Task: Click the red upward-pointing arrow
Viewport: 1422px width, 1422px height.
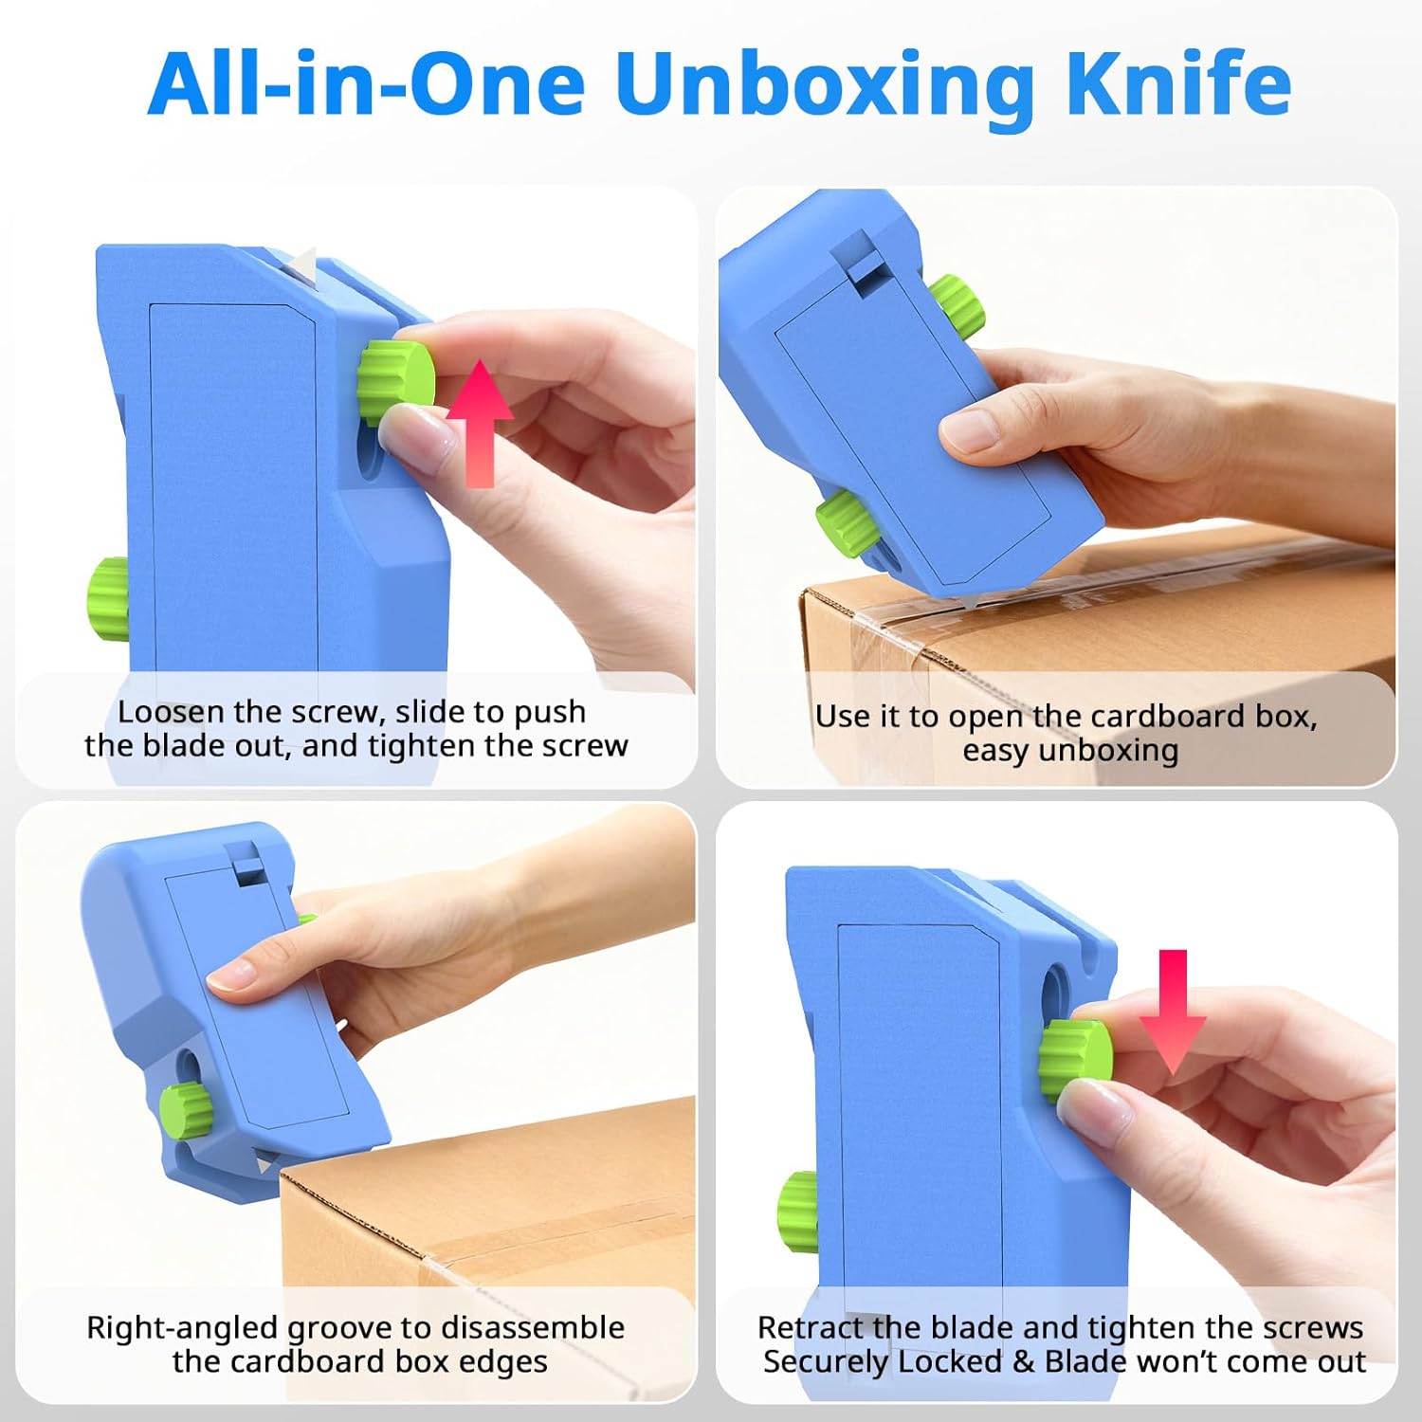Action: coord(480,424)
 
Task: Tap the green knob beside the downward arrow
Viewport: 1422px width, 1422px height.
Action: coord(1075,1059)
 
